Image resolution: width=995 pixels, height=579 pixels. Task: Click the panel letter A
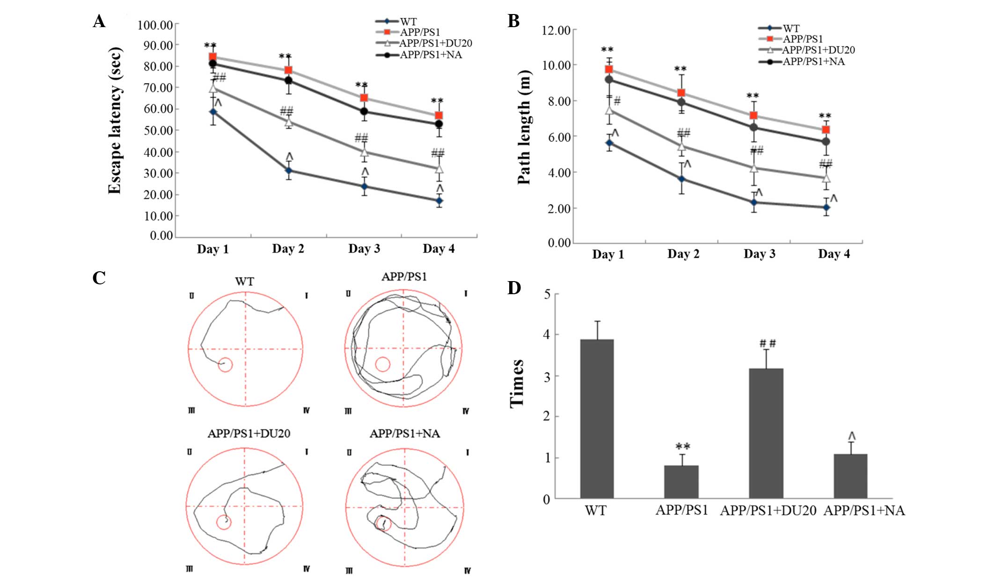pyautogui.click(x=99, y=22)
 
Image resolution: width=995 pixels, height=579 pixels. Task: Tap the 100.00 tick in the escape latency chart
pyautogui.click(x=155, y=25)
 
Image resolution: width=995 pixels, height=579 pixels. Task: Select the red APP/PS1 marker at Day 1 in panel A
pyautogui.click(x=212, y=57)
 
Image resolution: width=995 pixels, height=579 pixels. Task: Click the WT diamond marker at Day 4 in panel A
pyautogui.click(x=439, y=201)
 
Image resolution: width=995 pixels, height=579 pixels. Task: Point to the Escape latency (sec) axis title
pyautogui.click(x=115, y=120)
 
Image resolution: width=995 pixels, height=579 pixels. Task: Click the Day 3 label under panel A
pyautogui.click(x=364, y=249)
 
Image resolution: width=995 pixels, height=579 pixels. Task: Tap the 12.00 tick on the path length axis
pyautogui.click(x=556, y=31)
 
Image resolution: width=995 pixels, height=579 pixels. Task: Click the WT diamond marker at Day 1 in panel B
pyautogui.click(x=609, y=143)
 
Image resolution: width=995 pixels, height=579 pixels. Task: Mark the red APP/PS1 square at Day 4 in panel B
pyautogui.click(x=826, y=130)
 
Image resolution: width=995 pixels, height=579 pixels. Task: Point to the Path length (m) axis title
pyautogui.click(x=525, y=127)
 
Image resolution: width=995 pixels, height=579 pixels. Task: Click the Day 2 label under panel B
pyautogui.click(x=683, y=254)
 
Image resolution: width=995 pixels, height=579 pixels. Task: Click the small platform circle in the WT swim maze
pyautogui.click(x=225, y=365)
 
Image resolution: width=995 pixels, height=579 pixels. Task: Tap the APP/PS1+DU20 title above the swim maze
pyautogui.click(x=249, y=434)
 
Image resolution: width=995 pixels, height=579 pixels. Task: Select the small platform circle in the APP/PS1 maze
pyautogui.click(x=382, y=364)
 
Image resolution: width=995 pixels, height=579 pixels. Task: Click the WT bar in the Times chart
pyautogui.click(x=597, y=419)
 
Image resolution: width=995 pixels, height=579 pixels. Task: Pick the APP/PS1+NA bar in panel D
pyautogui.click(x=850, y=476)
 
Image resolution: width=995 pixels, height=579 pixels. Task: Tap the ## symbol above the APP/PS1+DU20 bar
pyautogui.click(x=768, y=344)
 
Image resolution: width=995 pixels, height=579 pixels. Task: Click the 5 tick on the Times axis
pyautogui.click(x=547, y=294)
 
